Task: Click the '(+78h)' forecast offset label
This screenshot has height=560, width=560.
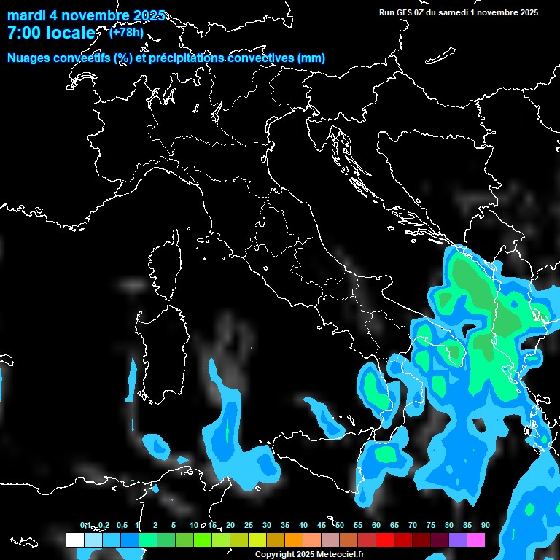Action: point(126,32)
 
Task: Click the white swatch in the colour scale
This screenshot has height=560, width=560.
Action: point(74,540)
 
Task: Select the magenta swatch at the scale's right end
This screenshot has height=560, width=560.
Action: point(476,540)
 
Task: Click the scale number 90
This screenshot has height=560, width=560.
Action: point(485,525)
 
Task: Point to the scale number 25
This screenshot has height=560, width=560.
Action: point(249,525)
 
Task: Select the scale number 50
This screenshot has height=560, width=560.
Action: point(340,525)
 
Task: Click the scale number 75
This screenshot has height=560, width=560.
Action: point(431,525)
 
